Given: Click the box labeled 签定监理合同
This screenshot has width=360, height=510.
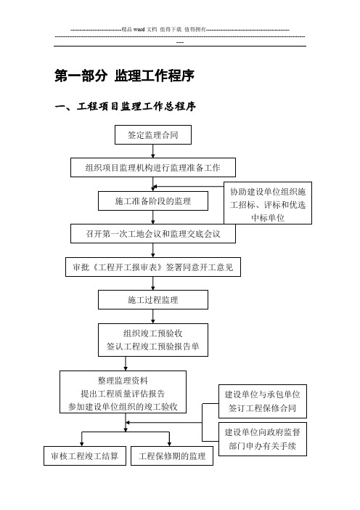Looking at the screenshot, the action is [153, 134].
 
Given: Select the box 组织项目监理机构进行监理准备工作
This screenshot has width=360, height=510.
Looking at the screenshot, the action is [153, 168].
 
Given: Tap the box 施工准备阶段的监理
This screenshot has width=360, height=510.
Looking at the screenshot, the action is [153, 201].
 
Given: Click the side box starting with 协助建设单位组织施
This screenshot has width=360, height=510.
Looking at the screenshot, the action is [268, 203].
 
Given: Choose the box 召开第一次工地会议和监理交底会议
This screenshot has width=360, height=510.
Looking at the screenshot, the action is [153, 233].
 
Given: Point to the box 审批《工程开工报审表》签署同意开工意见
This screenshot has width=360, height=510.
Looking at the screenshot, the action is [153, 267].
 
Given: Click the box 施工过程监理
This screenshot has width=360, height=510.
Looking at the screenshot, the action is [153, 299].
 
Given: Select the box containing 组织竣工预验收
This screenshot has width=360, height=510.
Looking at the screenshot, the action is [153, 340].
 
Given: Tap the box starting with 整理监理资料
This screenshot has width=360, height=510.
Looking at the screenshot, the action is [123, 392].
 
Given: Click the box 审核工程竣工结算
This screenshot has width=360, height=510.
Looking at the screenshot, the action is [85, 456].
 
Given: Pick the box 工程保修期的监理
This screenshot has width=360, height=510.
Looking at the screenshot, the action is [172, 456].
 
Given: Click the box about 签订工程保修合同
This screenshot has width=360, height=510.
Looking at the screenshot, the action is [263, 401].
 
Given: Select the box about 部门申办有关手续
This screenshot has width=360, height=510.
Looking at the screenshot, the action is [263, 439].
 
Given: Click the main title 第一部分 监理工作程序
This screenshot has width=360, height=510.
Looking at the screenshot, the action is [124, 76].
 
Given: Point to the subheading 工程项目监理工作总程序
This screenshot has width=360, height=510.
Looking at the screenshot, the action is [136, 106].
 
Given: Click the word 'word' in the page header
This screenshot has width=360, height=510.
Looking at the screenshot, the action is [139, 29].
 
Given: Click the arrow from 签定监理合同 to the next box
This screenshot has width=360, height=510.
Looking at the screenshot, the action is [153, 151].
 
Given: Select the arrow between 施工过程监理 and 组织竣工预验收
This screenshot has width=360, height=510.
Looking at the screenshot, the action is [153, 317].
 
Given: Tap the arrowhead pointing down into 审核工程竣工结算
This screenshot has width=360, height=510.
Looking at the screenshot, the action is [82, 444].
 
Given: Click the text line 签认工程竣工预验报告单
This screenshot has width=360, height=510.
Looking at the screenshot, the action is [153, 347].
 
